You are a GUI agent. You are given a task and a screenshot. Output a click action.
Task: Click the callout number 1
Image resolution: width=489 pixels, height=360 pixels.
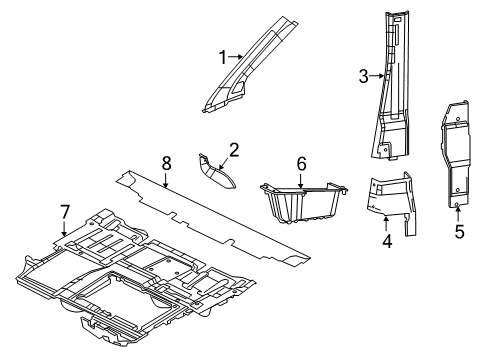point(222,57)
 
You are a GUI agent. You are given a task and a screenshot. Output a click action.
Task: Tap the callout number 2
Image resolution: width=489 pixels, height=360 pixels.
point(233,150)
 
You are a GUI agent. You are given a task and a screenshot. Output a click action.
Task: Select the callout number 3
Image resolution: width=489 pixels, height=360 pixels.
point(364,74)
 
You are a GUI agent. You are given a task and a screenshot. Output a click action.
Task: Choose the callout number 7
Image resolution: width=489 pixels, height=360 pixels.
point(64,210)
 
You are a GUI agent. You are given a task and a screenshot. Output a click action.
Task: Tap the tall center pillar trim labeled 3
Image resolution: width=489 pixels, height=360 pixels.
point(392,90)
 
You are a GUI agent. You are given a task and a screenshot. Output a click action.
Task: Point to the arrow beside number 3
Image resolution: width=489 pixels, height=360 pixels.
point(376,74)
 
